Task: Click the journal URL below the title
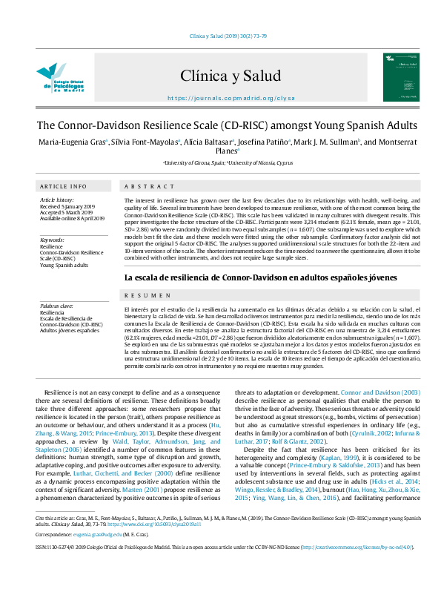[220, 98]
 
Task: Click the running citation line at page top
[220, 36]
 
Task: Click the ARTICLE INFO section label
[63, 186]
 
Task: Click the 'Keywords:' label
[52, 240]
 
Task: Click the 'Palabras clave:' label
[56, 306]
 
